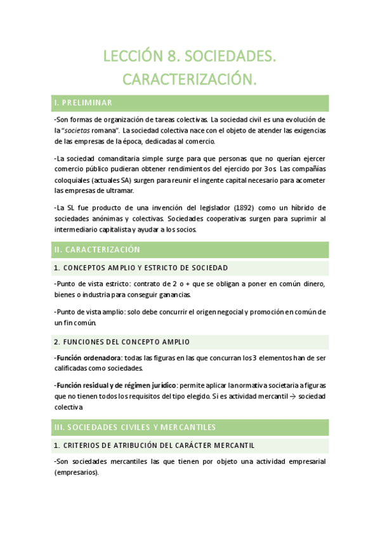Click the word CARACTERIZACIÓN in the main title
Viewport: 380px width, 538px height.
tap(190, 79)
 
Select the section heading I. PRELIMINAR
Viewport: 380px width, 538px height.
tap(84, 103)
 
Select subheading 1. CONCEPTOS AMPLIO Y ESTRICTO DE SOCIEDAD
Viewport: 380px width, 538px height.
tap(141, 268)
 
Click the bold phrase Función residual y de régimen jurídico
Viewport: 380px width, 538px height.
tap(116, 385)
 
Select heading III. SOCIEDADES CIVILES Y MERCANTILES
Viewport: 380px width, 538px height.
tap(135, 426)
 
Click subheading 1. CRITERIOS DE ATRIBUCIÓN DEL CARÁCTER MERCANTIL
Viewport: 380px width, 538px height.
tap(154, 445)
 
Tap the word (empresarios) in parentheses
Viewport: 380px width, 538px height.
tap(77, 473)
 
